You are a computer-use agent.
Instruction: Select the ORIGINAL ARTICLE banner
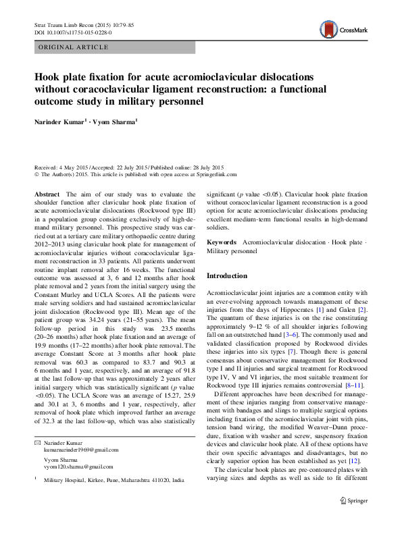pos(73,47)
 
